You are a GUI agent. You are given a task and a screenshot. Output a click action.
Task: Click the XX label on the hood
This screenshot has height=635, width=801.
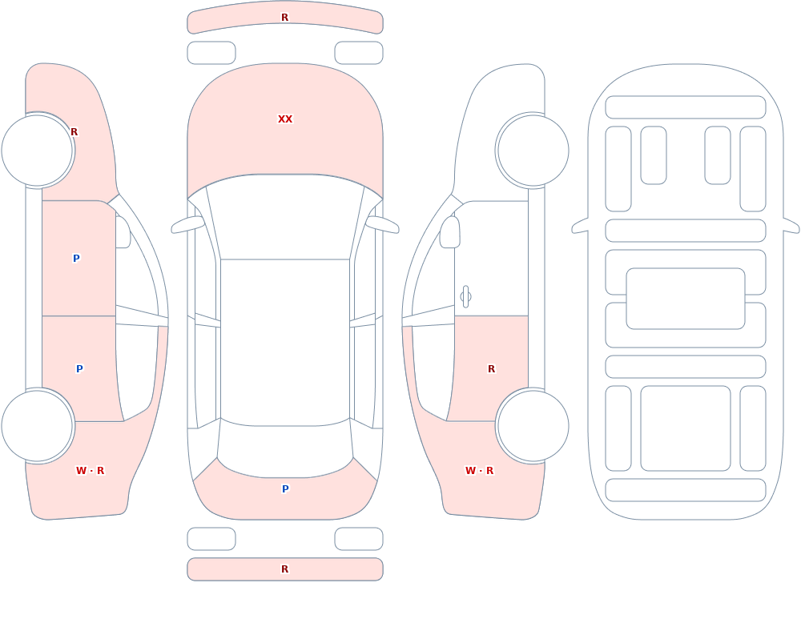285,119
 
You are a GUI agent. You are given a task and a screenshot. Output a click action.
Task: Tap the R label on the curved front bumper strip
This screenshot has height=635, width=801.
285,18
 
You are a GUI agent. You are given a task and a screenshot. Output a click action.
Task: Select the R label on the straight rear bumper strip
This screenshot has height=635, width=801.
285,569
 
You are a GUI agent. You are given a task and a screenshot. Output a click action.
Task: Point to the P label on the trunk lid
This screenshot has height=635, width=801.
286,489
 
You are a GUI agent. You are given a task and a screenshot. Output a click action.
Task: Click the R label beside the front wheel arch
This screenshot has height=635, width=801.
74,132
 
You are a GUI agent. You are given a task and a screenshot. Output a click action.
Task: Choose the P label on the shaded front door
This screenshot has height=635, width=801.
76,258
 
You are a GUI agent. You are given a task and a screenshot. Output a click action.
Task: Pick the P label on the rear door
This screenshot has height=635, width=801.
79,369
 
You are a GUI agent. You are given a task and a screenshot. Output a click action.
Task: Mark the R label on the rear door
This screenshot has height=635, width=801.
492,369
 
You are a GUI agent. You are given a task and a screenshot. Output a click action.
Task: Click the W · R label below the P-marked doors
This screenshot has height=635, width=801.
90,471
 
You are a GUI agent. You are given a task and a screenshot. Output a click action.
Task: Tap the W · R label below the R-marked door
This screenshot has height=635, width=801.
479,471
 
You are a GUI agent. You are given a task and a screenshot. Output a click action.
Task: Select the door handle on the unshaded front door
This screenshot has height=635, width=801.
465,297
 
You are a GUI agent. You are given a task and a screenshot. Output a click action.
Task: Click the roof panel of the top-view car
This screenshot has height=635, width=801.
285,342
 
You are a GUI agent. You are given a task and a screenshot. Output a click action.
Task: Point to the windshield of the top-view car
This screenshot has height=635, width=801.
285,217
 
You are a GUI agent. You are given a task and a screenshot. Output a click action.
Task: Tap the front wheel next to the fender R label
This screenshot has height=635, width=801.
38,151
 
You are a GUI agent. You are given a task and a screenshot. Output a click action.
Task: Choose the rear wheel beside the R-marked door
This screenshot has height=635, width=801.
533,425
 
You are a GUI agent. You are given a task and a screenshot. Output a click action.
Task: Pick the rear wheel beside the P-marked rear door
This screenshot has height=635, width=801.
38,425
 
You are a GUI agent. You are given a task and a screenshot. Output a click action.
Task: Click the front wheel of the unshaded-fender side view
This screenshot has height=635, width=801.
533,151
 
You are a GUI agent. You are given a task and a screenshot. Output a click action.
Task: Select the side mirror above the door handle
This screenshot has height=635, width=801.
449,232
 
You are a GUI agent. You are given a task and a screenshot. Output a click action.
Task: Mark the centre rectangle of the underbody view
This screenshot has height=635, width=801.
686,299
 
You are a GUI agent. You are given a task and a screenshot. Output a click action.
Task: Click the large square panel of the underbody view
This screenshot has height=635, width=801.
686,428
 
